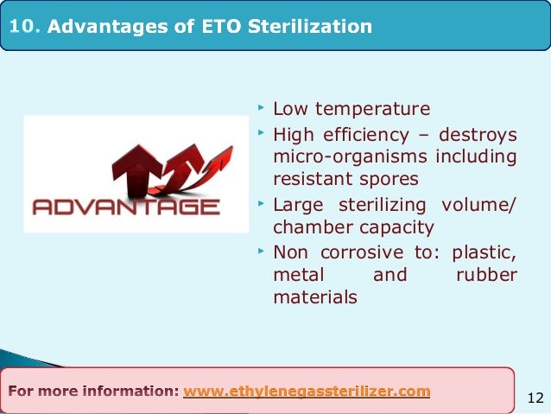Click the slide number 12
pyautogui.click(x=535, y=398)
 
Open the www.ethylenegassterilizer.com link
pyautogui.click(x=307, y=392)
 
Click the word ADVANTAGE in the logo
pyautogui.click(x=125, y=207)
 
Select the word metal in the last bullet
pyautogui.click(x=297, y=275)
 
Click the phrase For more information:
pyautogui.click(x=94, y=392)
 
